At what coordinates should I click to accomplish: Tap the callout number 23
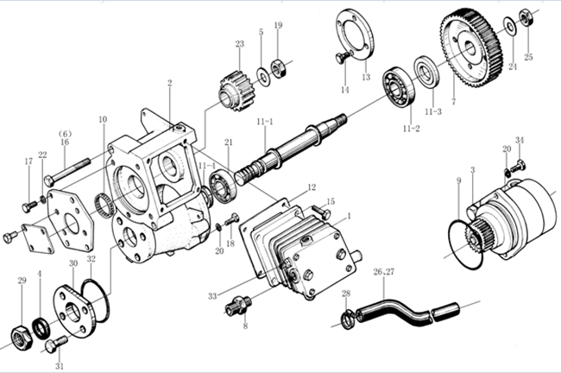point(239,44)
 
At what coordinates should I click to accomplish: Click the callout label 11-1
point(264,122)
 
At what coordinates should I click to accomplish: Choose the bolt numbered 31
point(50,345)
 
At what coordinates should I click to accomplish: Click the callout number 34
point(519,140)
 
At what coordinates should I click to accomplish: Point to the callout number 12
point(312,187)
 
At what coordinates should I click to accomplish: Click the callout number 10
point(103,119)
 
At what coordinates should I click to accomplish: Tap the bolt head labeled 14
point(341,58)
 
